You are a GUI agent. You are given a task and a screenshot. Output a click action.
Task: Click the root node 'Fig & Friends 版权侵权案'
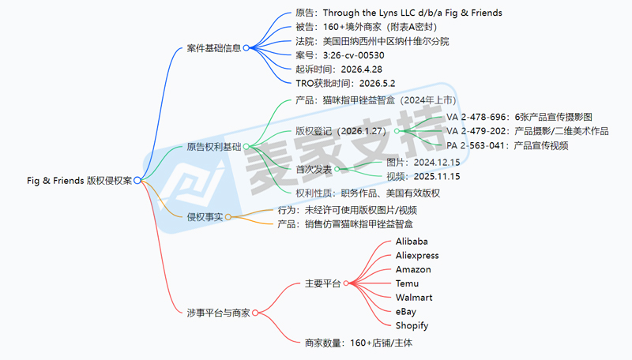tap(80, 181)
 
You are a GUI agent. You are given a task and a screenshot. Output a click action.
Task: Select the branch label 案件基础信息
tap(213, 48)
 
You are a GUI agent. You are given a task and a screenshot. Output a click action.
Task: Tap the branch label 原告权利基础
tap(213, 147)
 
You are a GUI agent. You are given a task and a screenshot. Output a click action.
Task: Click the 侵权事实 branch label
tap(205, 217)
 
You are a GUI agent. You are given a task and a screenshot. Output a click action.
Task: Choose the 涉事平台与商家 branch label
tap(219, 313)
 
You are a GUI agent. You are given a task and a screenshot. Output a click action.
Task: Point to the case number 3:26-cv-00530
tap(340, 55)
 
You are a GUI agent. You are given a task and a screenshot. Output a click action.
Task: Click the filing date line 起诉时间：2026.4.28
tap(339, 69)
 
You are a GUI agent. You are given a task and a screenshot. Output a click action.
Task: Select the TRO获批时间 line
tap(345, 84)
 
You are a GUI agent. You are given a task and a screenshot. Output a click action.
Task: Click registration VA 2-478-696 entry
tap(519, 117)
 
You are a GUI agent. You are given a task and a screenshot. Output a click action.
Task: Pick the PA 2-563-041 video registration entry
tap(507, 145)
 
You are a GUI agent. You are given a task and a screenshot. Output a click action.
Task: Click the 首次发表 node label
tap(314, 169)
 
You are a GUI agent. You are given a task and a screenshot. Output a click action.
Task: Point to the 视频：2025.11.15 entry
tap(423, 176)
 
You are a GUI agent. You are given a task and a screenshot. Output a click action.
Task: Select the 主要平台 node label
tap(322, 283)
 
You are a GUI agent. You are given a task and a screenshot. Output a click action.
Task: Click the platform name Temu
tap(407, 283)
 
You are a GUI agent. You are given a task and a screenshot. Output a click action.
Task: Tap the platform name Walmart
tap(414, 298)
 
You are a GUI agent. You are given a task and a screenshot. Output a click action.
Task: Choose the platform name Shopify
tap(412, 326)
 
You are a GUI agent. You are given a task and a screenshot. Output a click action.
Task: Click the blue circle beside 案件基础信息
tap(246, 48)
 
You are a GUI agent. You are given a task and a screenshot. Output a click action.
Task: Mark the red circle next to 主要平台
tap(346, 283)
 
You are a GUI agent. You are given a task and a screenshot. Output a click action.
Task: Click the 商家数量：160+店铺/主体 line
tap(359, 343)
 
